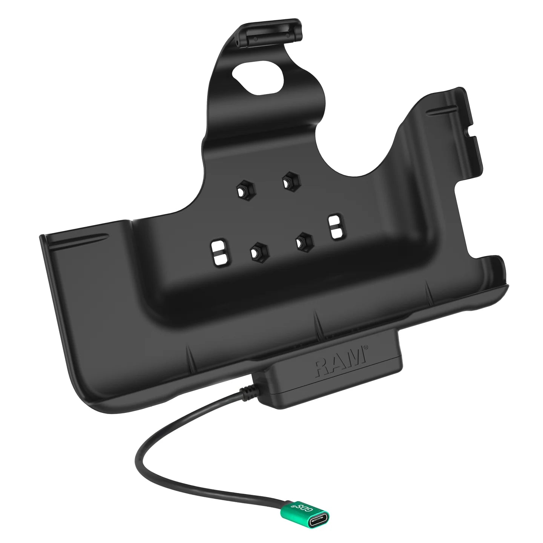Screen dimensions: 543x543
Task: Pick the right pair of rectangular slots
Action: point(334,227)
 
